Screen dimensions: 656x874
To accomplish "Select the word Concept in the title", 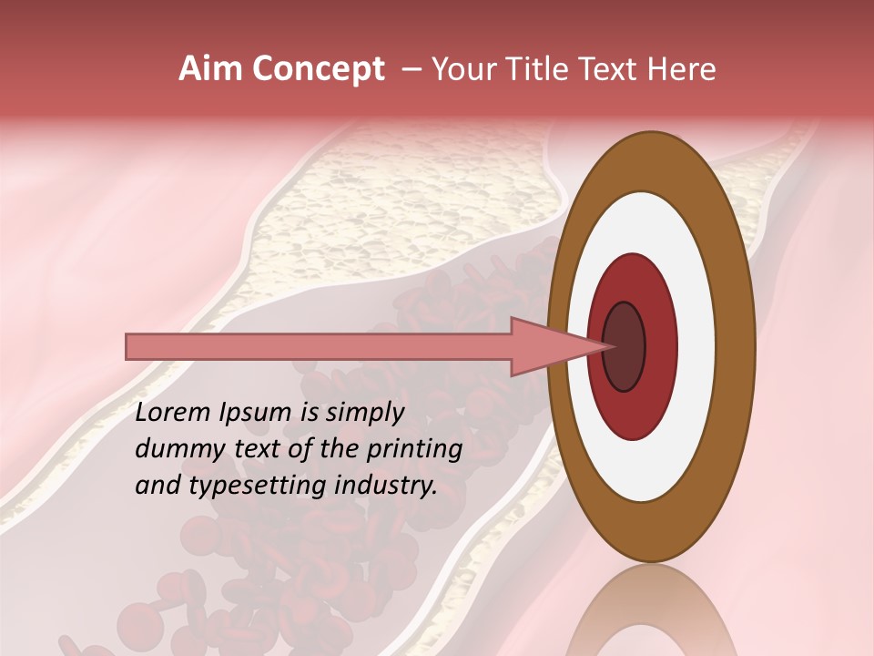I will point(318,69).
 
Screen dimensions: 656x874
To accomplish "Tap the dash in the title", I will point(412,69).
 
